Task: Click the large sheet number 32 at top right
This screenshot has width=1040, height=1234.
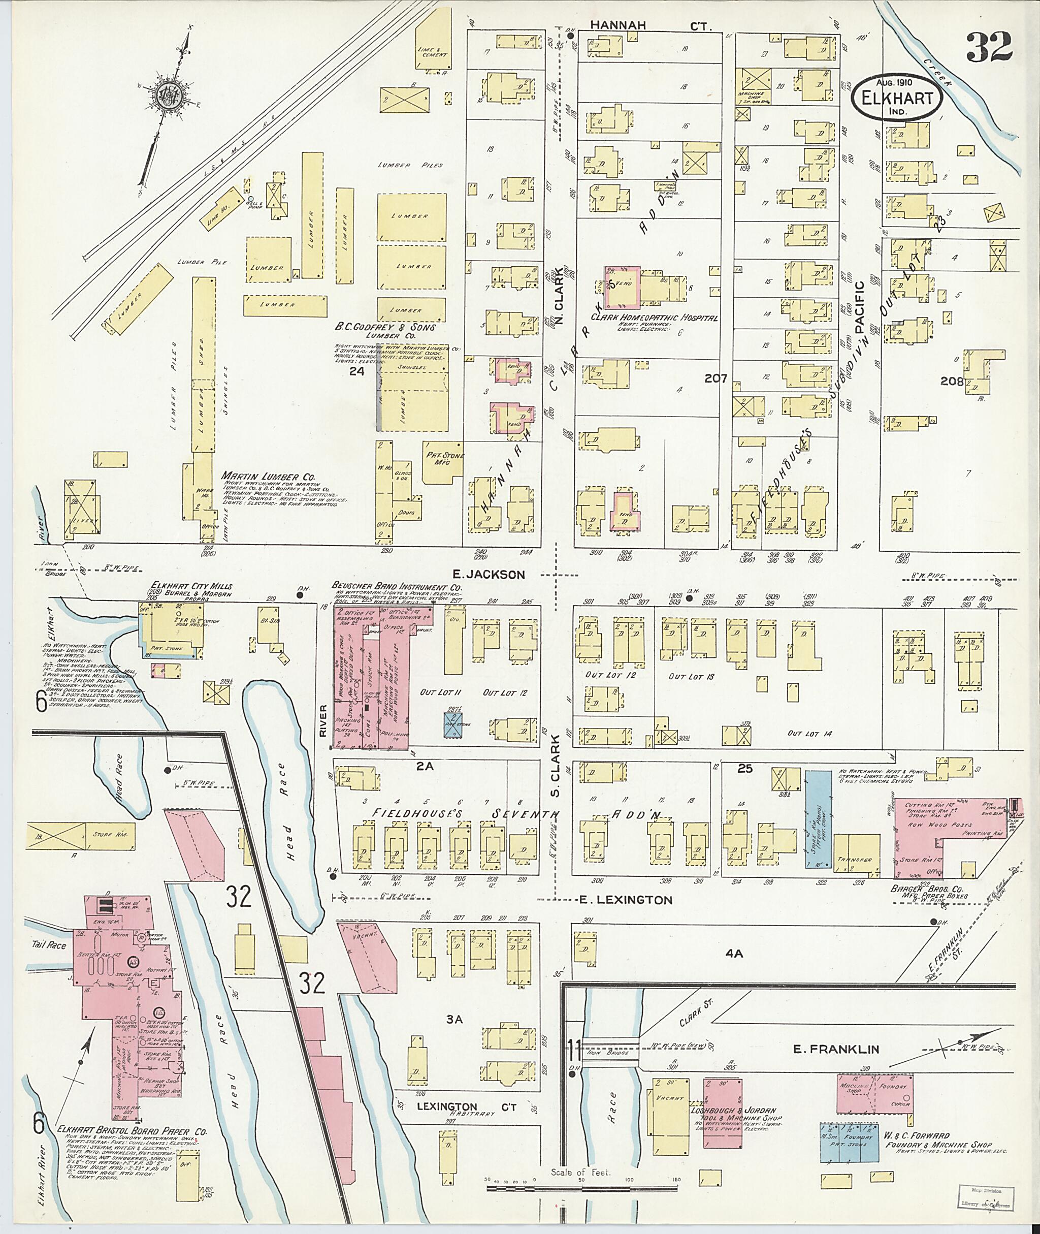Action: pos(989,48)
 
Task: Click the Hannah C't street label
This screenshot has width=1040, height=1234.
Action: pos(651,25)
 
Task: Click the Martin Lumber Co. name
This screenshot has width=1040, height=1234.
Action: pos(268,476)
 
